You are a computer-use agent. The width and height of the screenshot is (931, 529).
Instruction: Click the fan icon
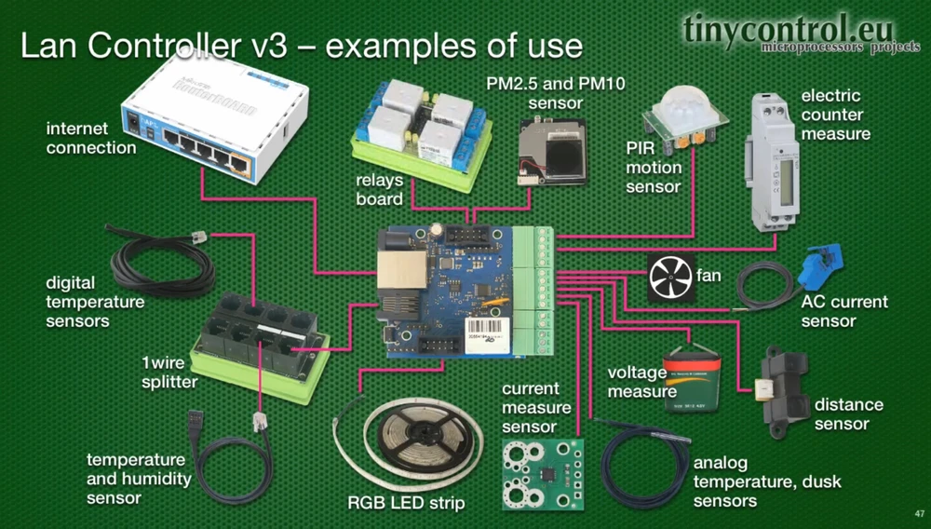[671, 277]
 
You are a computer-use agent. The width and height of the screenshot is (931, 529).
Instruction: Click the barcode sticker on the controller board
[487, 335]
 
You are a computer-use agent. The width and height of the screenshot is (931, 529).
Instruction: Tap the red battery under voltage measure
[692, 379]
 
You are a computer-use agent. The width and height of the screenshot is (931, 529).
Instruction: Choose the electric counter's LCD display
[788, 182]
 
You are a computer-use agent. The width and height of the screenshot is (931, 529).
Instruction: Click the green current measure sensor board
[543, 474]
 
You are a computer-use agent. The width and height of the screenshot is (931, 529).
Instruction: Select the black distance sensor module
[784, 390]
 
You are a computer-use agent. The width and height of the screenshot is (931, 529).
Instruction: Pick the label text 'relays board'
[380, 189]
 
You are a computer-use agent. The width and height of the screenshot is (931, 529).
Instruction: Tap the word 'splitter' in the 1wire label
[169, 382]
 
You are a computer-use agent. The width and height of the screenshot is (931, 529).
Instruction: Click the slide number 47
[920, 514]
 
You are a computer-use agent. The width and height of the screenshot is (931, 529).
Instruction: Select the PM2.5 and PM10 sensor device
[552, 152]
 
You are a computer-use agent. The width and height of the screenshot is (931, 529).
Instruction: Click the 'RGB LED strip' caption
[406, 503]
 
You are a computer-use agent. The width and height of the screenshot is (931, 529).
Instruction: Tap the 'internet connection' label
[91, 138]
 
